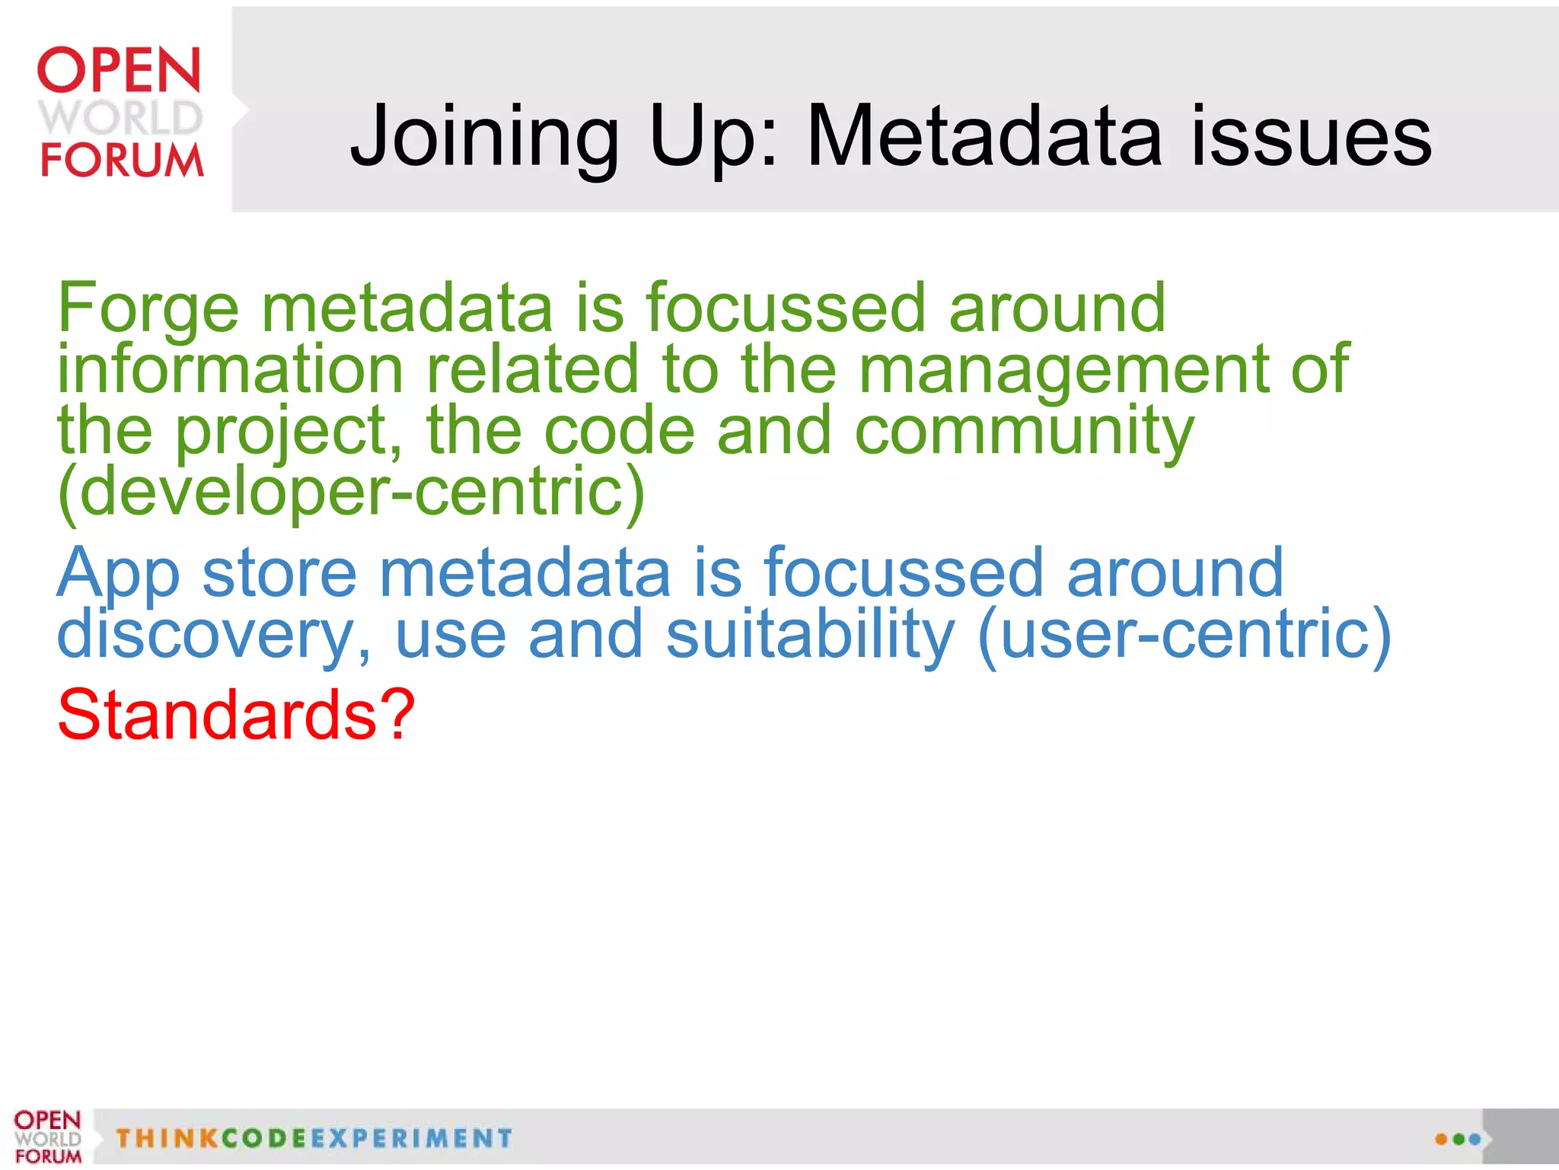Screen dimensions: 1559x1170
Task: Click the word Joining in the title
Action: (x=484, y=137)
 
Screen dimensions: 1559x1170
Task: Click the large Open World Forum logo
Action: (x=120, y=113)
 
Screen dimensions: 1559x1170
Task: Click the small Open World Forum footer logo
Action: (x=47, y=1137)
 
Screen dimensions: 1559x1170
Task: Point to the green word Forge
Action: (x=148, y=308)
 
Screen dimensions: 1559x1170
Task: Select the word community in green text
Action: (x=1024, y=431)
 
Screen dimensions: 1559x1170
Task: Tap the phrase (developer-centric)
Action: (x=351, y=492)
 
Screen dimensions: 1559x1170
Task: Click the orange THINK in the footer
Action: (x=167, y=1139)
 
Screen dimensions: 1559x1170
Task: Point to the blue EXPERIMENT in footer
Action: (x=411, y=1139)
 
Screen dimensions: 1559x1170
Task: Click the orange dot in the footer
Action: (x=1441, y=1140)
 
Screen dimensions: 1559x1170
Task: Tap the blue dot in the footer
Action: (x=1475, y=1140)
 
